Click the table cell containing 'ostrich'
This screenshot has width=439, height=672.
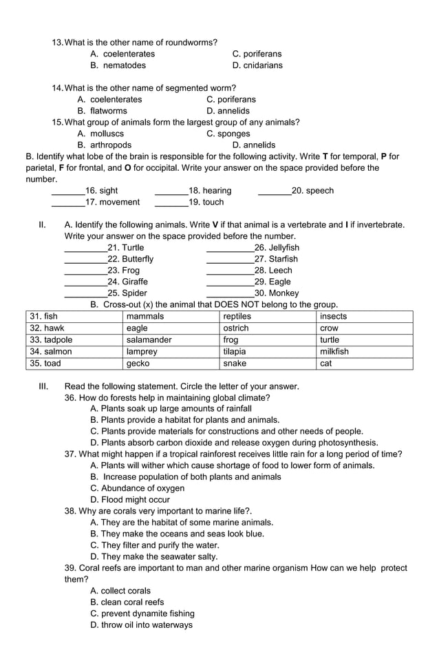(268, 328)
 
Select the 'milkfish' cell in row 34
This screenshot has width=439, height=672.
(365, 352)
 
